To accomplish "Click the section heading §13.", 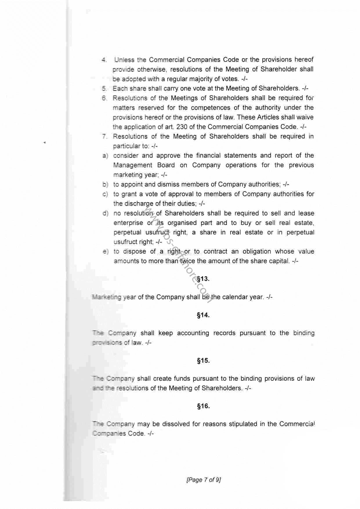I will tap(203, 279).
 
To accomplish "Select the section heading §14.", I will tap(203, 315).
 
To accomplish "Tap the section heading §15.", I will tap(203, 361).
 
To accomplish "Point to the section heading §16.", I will tap(203, 406).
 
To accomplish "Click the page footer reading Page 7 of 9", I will tap(203, 480).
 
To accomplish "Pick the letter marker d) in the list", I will tap(105, 214).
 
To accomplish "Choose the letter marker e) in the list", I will tap(105, 252).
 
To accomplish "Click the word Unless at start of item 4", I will tap(124, 60).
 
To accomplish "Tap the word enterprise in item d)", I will tap(128, 223).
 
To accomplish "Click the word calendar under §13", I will tap(234, 297).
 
